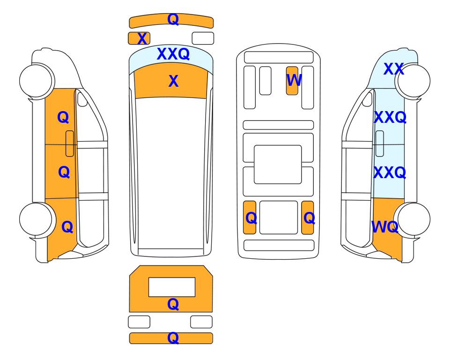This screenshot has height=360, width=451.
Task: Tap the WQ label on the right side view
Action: (385, 227)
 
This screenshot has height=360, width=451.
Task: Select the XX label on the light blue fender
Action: (393, 69)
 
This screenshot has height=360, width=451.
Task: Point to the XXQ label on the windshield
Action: (173, 54)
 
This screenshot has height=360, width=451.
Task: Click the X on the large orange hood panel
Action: (173, 81)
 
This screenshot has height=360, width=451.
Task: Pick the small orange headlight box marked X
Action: (139, 38)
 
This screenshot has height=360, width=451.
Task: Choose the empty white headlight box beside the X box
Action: (203, 38)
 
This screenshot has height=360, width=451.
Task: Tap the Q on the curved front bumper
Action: (173, 20)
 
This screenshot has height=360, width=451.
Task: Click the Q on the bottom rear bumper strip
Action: (173, 338)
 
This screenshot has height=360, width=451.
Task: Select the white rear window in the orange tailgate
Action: (172, 287)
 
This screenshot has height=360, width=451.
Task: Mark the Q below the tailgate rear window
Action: (173, 304)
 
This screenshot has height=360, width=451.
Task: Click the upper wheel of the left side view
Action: (37, 81)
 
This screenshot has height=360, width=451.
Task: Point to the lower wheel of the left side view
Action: (37, 219)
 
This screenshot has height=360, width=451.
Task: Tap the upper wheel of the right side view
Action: (413, 81)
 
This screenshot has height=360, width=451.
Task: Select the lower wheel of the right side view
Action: (413, 219)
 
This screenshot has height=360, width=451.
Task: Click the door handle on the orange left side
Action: (70, 143)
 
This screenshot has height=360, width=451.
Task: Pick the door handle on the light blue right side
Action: (380, 143)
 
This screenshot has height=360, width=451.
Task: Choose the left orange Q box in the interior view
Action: (250, 217)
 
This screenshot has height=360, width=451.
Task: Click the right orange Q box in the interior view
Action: (308, 217)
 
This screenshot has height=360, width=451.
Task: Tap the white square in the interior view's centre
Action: (278, 165)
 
